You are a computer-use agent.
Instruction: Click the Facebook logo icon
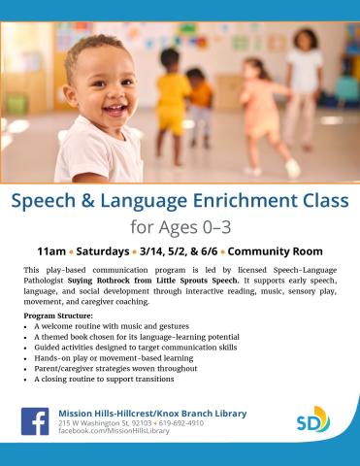[36, 420]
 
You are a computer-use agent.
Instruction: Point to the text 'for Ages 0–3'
[180, 227]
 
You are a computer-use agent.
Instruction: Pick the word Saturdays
[108, 250]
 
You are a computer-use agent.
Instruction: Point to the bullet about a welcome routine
[111, 326]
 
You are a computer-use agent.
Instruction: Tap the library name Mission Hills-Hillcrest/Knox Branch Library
[152, 413]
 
